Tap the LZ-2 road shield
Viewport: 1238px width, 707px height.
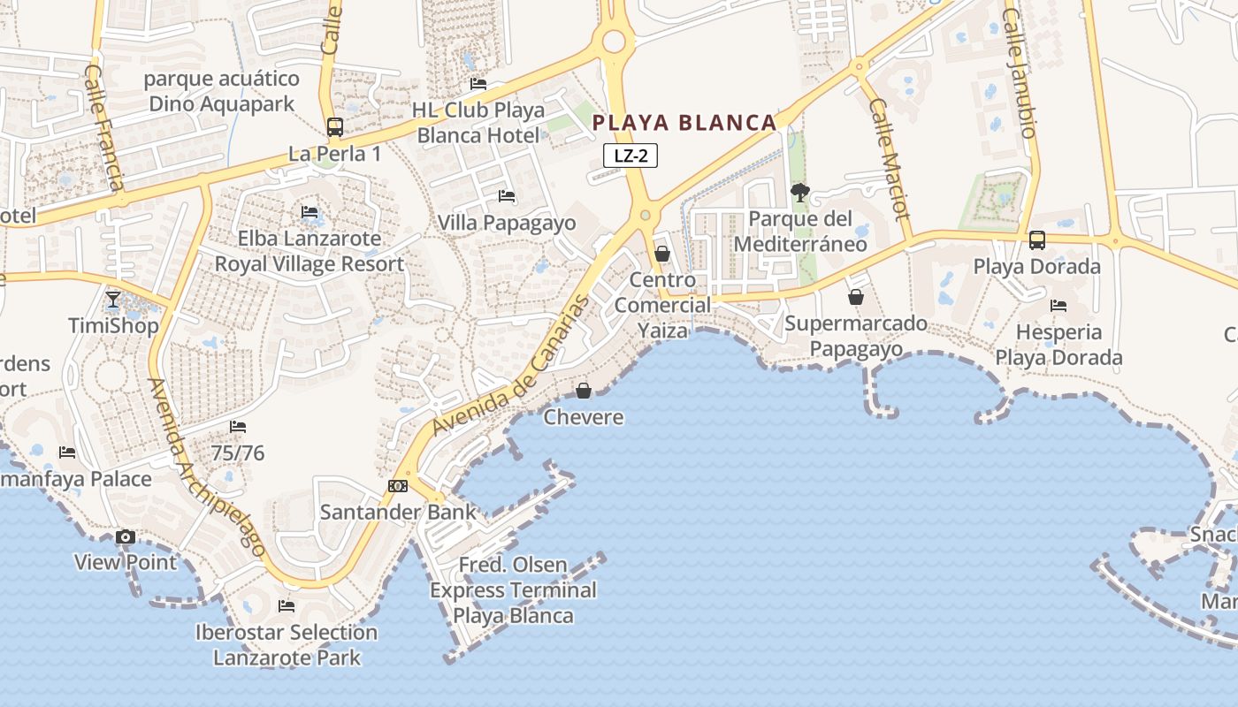(x=630, y=156)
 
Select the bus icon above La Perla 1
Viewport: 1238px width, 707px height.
(x=334, y=127)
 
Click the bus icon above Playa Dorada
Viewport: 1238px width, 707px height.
(x=1037, y=240)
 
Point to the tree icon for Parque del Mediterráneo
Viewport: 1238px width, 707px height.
(x=799, y=192)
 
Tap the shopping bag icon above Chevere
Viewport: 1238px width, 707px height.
(x=584, y=390)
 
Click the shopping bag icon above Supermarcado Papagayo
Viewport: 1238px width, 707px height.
(x=855, y=297)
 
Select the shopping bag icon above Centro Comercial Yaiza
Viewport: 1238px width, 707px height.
(x=661, y=254)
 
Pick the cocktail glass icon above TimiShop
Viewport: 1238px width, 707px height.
(x=113, y=300)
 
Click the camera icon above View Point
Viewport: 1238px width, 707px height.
(x=126, y=536)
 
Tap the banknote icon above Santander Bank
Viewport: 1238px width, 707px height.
(x=398, y=486)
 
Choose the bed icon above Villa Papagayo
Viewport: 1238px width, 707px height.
(x=507, y=196)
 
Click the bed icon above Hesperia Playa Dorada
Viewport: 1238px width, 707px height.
(x=1058, y=306)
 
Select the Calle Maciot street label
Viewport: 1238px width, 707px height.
(x=889, y=159)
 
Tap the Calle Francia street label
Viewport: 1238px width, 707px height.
(x=102, y=127)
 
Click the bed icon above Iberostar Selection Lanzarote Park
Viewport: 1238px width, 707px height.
(x=287, y=606)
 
